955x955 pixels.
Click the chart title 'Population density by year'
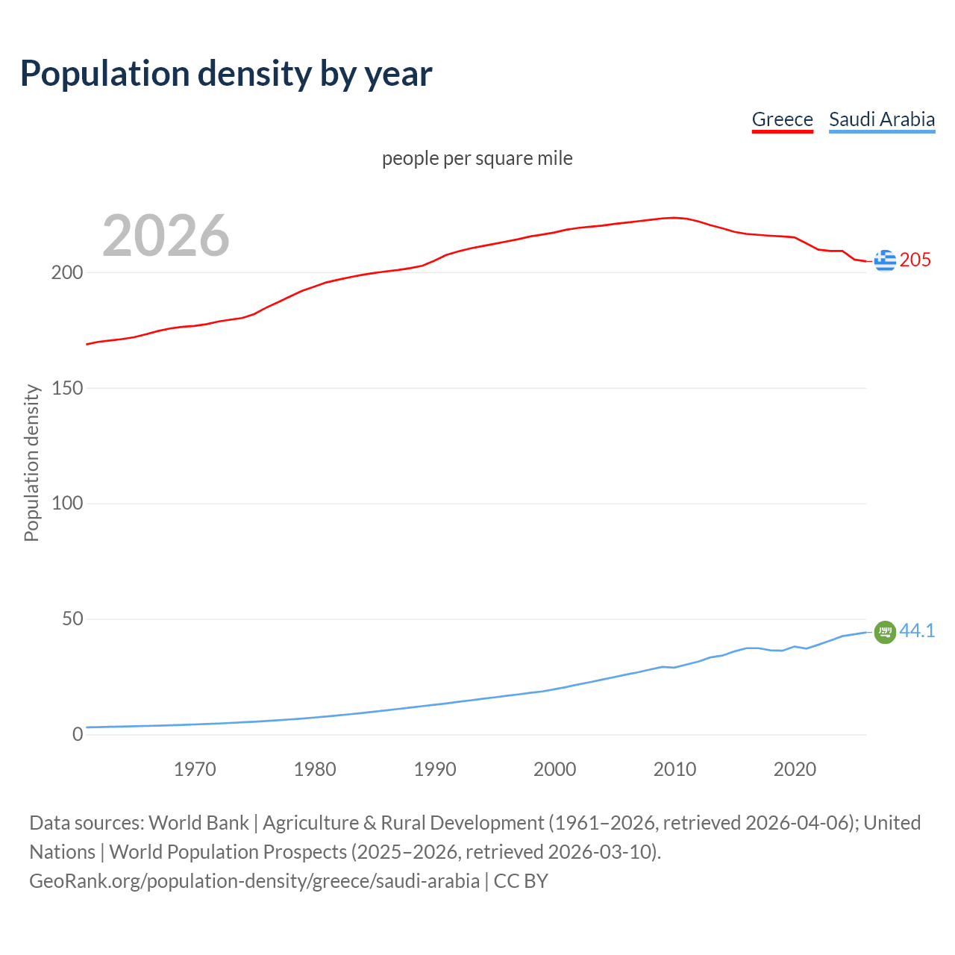point(226,74)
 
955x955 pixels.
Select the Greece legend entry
point(782,119)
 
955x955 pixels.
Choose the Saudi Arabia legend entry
point(882,119)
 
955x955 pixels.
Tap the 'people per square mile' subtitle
point(477,158)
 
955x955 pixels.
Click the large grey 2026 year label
point(166,236)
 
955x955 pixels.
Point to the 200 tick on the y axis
point(67,272)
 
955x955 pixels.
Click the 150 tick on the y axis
point(67,388)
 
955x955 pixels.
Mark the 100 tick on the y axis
point(67,504)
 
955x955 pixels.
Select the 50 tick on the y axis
point(72,619)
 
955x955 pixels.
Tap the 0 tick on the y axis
point(78,735)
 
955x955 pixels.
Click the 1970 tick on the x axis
point(195,769)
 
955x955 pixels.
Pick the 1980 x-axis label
point(315,769)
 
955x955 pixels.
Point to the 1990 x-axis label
point(435,769)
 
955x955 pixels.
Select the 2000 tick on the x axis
point(554,769)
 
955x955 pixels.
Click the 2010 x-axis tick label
point(674,769)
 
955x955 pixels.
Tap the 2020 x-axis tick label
point(795,769)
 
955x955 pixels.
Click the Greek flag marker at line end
point(885,260)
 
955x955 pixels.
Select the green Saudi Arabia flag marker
point(885,632)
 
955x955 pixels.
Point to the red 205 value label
point(915,260)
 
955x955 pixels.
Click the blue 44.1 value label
point(917,630)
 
